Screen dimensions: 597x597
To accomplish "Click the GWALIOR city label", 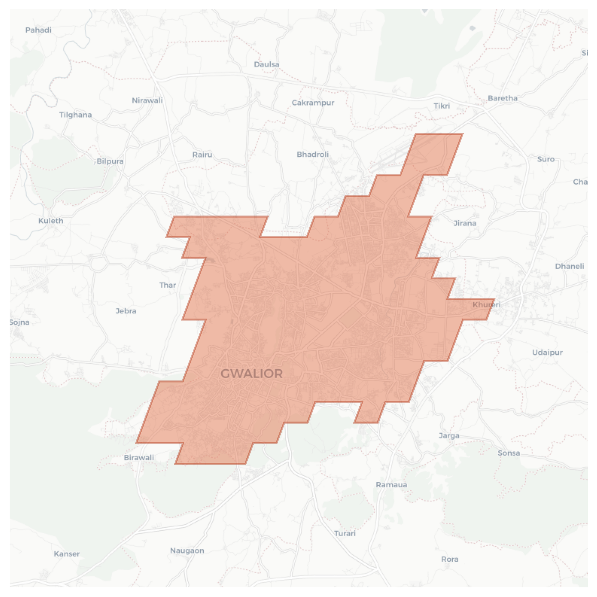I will pos(251,373).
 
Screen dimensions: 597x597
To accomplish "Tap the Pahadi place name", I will pos(38,30).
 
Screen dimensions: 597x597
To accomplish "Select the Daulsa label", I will pos(266,65).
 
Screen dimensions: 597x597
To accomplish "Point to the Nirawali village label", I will pos(147,101).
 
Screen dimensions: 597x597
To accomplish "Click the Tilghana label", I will pos(75,115).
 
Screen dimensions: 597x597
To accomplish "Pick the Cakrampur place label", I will pos(313,103).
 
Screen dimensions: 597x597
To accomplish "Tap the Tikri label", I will pos(442,106).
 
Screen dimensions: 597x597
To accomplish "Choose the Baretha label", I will pos(502,98).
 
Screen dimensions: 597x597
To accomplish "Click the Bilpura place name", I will pos(110,161).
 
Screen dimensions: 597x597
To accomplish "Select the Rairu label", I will pos(202,155).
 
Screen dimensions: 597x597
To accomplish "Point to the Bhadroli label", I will pos(312,154).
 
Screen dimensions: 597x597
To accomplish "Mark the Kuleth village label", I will pos(51,221).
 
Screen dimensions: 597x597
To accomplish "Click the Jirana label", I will pos(464,223).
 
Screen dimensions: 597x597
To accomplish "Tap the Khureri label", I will pos(486,304).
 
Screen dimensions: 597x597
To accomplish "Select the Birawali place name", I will pos(139,458).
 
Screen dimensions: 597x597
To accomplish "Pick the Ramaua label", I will pos(391,485).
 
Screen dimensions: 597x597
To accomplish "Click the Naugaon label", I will pos(187,551).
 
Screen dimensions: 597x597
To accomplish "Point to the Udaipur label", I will pos(547,353).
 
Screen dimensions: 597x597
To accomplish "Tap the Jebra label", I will pos(126,311).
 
